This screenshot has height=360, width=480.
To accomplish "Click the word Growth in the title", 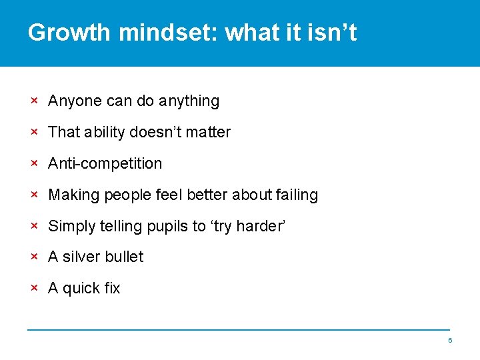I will click(70, 32).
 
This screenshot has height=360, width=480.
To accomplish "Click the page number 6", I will click(450, 341).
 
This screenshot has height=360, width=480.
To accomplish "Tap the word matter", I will click(208, 132).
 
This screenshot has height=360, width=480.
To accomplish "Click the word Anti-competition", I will click(105, 163).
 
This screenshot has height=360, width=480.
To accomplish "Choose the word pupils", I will click(167, 227).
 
